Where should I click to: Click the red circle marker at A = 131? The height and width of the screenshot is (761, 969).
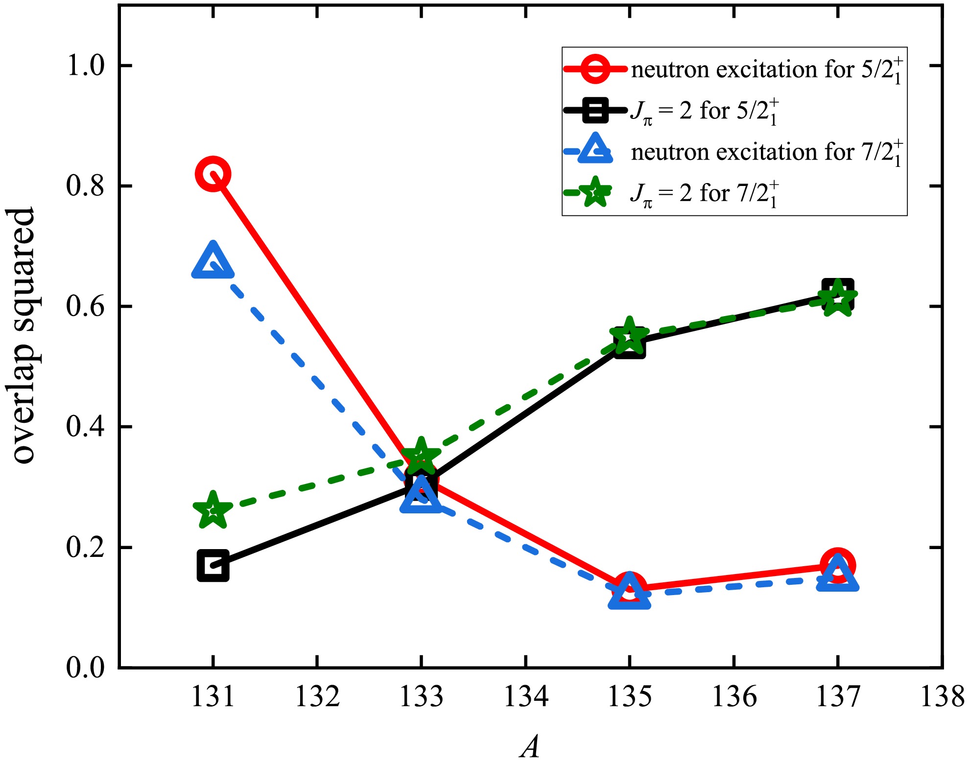click(x=213, y=174)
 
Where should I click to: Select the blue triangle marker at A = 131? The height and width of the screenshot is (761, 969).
click(x=213, y=262)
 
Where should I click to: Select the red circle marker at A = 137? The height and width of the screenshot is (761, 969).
click(x=838, y=565)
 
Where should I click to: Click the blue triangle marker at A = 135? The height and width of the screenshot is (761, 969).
click(x=629, y=592)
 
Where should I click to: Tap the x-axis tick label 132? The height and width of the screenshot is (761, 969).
click(x=317, y=697)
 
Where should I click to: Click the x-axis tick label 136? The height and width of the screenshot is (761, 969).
click(x=734, y=697)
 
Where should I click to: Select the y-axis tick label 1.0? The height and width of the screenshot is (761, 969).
click(x=86, y=66)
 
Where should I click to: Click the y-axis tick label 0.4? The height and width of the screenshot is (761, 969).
click(x=86, y=427)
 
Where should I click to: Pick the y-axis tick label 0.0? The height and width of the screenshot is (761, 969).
click(x=86, y=668)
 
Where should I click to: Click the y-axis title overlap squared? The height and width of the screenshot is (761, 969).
click(x=24, y=336)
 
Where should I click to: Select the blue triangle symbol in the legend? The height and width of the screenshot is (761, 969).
click(x=595, y=149)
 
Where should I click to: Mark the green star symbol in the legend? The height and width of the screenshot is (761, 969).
click(x=595, y=193)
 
